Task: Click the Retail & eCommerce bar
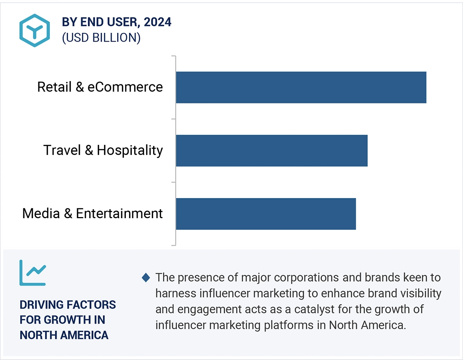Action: point(301,87)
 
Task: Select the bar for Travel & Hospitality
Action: point(271,150)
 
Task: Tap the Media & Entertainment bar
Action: point(266,214)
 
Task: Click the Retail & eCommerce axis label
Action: point(100,87)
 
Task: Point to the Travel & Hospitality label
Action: point(103,150)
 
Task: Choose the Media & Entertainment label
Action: point(92,214)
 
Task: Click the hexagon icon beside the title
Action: point(34,30)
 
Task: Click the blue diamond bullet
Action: point(146,278)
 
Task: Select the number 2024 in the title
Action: point(157,22)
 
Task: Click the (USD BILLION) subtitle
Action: point(101,38)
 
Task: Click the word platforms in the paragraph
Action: point(292,325)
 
